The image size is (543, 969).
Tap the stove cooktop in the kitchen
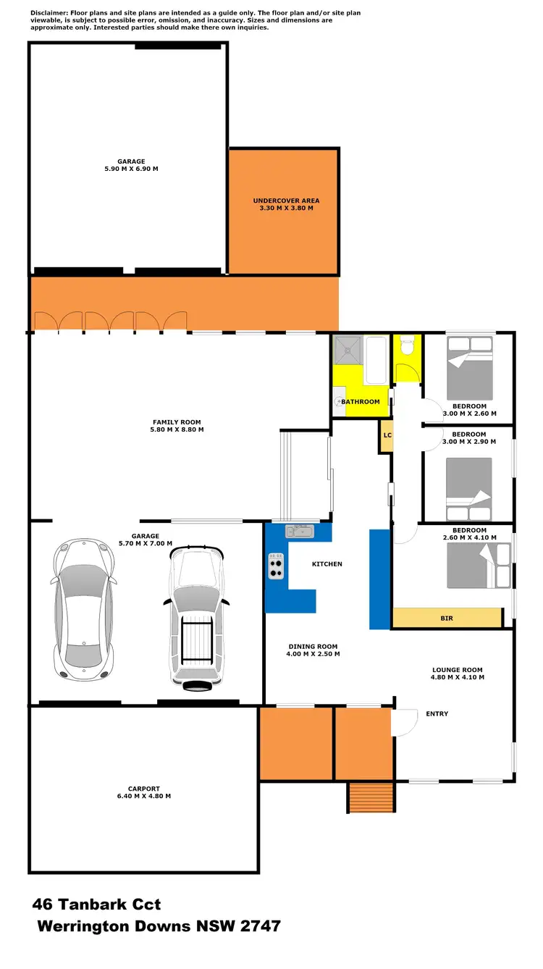[276, 566]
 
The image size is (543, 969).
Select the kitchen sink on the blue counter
[298, 532]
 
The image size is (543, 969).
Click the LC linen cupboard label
[387, 435]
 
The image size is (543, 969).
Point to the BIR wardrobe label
[447, 618]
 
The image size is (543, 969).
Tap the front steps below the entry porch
[371, 798]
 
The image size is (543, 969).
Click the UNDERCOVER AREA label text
[286, 201]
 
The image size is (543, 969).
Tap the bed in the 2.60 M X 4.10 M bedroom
[478, 565]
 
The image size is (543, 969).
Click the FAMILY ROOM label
[177, 422]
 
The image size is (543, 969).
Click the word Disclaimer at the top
[49, 13]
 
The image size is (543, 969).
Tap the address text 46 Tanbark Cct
[96, 905]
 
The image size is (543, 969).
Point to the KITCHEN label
[327, 563]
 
